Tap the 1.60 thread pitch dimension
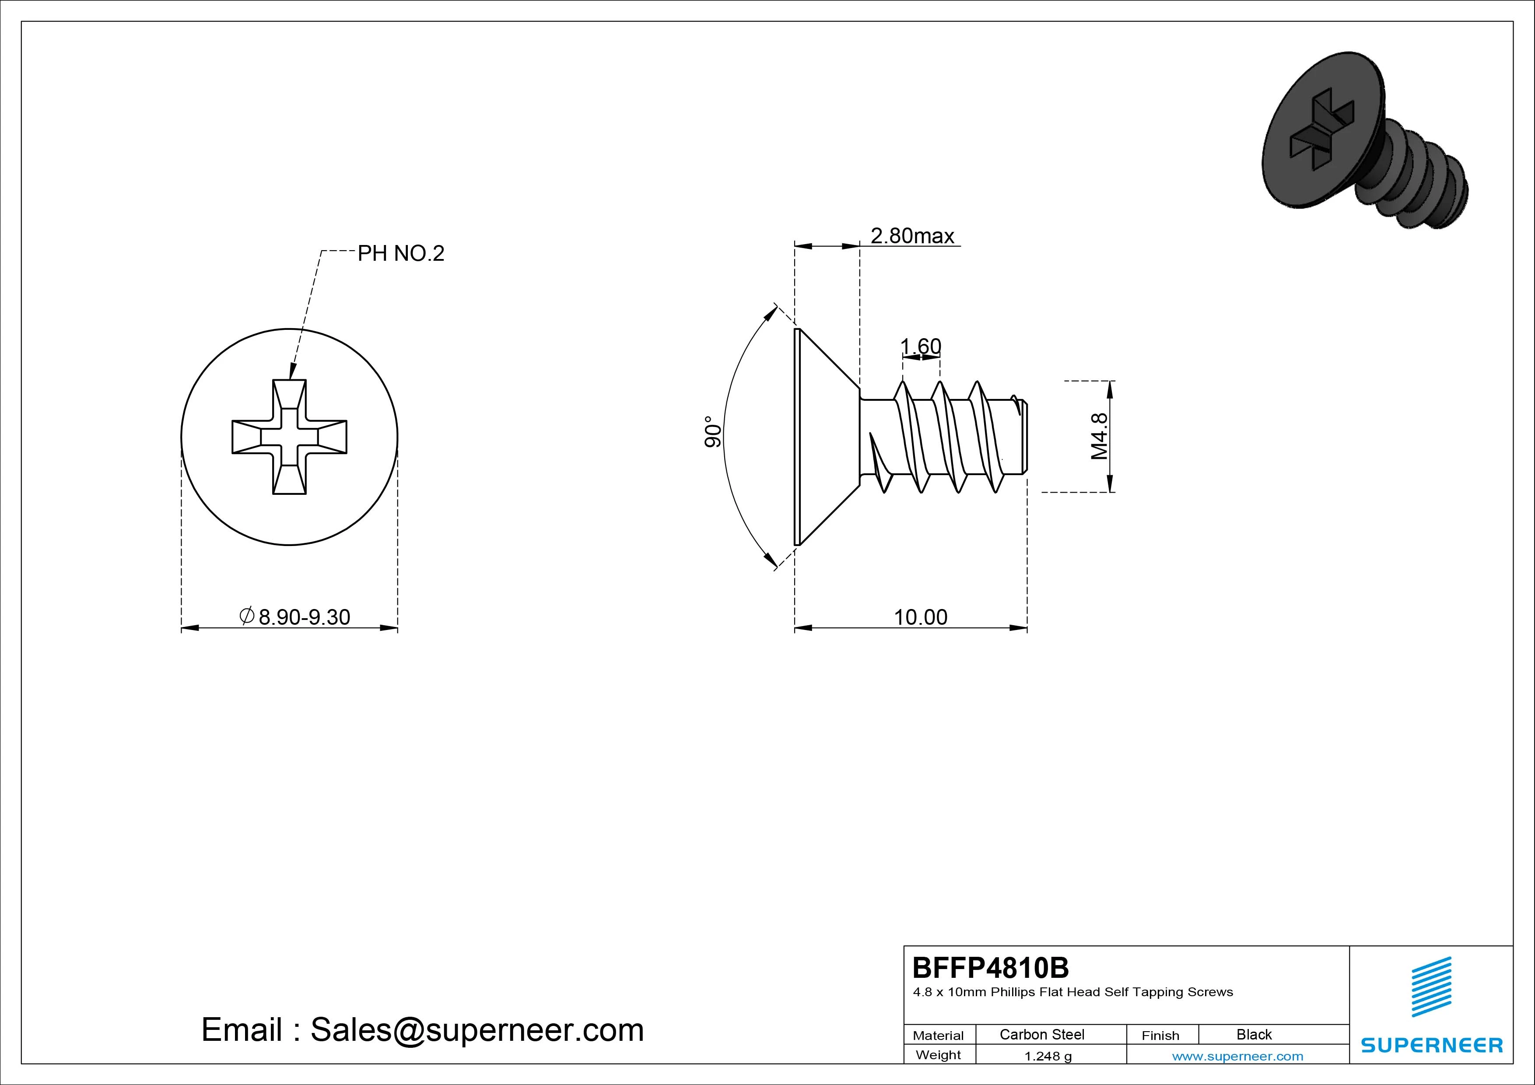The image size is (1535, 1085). tap(921, 346)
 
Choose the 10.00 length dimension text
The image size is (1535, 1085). tap(921, 617)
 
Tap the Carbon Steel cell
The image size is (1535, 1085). tap(1041, 1034)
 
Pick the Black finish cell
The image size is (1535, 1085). tap(1254, 1034)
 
